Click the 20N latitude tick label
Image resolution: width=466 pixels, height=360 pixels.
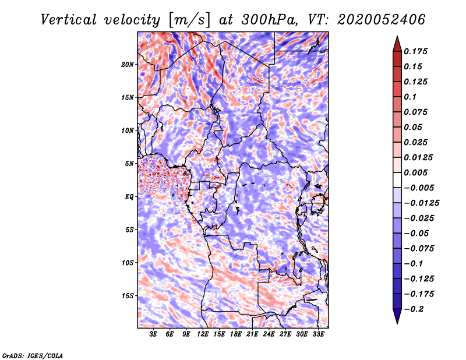[128, 64]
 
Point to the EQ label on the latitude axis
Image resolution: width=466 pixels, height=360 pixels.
[129, 197]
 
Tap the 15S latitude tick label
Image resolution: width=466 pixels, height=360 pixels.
[128, 296]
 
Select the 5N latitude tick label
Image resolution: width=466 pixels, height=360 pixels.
[129, 164]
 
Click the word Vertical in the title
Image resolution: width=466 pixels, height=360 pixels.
[69, 19]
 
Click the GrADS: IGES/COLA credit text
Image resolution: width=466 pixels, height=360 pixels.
[33, 354]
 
